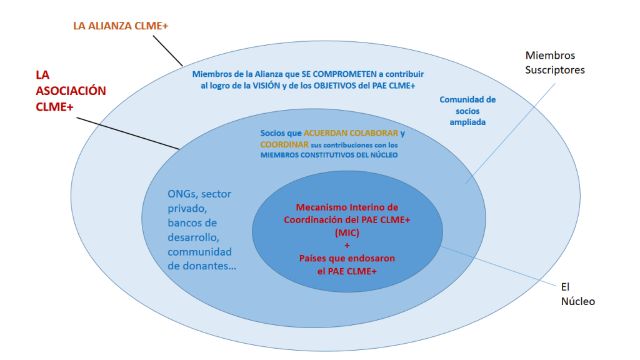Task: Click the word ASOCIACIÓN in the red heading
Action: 71,91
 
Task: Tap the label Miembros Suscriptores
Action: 555,62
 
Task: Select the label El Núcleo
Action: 577,294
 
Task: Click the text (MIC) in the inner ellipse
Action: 347,232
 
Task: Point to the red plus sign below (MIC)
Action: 347,245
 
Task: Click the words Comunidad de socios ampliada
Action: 467,111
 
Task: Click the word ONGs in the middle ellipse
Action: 182,194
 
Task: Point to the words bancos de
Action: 192,222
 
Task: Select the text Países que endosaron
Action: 347,258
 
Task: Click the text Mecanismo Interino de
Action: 347,207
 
